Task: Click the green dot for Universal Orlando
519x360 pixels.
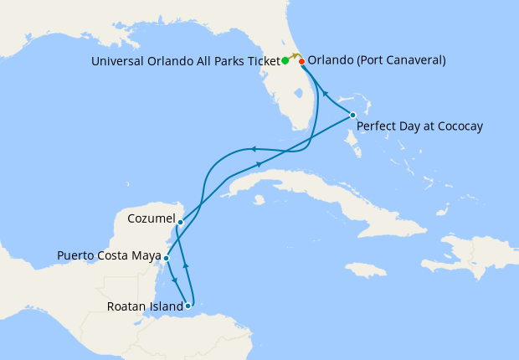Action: tap(285, 60)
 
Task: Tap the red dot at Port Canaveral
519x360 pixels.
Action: tap(301, 60)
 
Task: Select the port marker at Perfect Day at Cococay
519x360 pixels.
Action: tap(353, 115)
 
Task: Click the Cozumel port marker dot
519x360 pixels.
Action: tap(180, 222)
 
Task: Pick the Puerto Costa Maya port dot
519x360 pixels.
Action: tap(167, 259)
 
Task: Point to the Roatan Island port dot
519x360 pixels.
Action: tap(188, 306)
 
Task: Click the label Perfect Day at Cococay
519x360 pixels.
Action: tap(419, 127)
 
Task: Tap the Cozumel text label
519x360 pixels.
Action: tap(150, 219)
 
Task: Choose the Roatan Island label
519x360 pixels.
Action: tap(143, 306)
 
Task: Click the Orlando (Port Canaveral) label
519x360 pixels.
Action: tap(377, 60)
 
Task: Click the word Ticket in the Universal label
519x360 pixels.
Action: tap(261, 60)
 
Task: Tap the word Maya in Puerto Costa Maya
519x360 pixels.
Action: tap(143, 255)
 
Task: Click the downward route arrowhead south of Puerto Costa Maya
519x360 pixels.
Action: tap(172, 279)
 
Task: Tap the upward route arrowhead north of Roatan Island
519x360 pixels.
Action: tap(186, 266)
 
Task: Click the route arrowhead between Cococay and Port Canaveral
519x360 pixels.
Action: tap(326, 94)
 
